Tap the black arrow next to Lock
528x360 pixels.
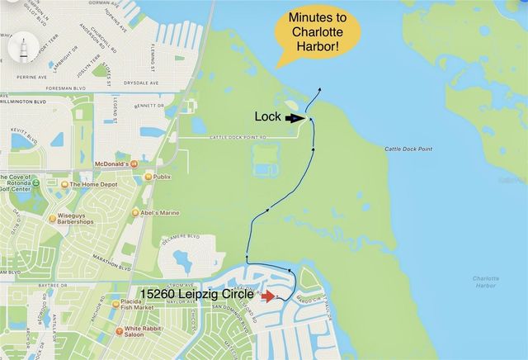pyautogui.click(x=295, y=118)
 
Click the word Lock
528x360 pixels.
pyautogui.click(x=267, y=118)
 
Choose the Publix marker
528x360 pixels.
pyautogui.click(x=148, y=177)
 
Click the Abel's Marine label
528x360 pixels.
pyautogui.click(x=158, y=213)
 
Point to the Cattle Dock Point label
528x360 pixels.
pyautogui.click(x=409, y=149)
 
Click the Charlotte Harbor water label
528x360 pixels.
pyautogui.click(x=485, y=282)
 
